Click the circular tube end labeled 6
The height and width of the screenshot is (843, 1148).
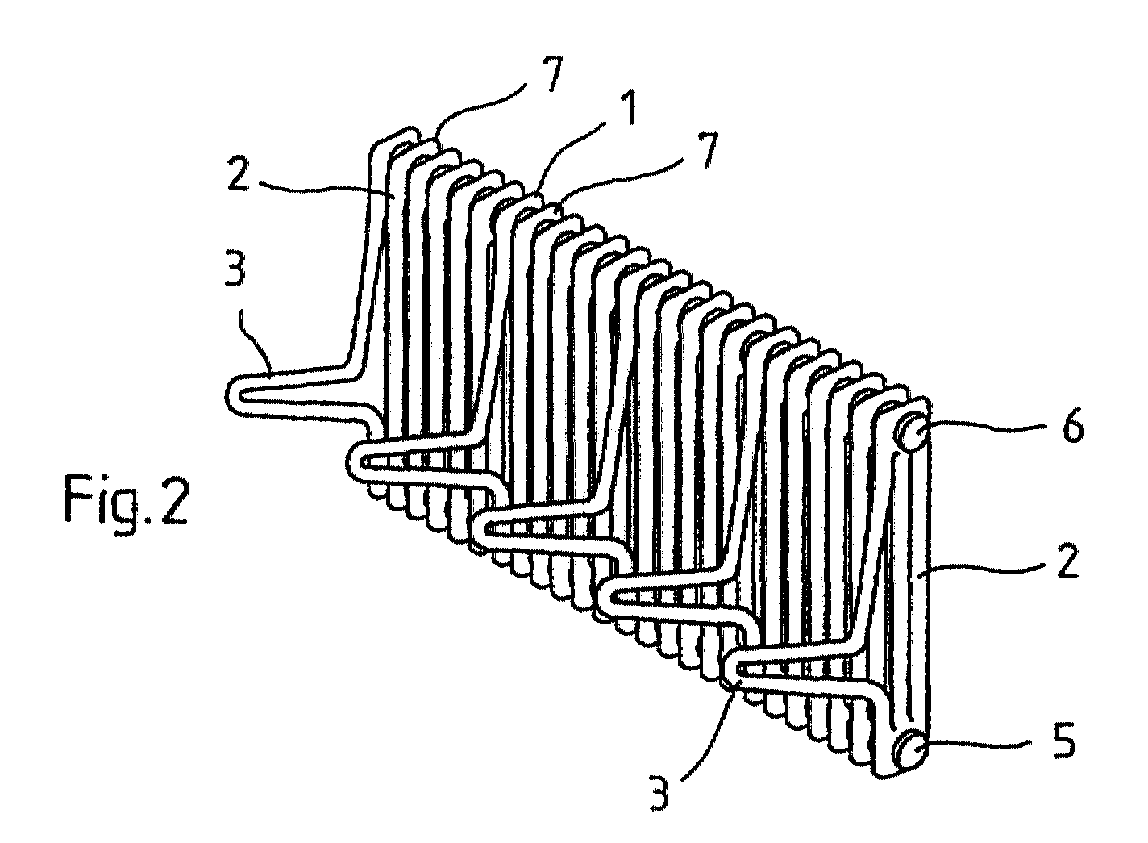pyautogui.click(x=913, y=435)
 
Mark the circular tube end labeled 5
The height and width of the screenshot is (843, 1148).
pyautogui.click(x=911, y=748)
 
